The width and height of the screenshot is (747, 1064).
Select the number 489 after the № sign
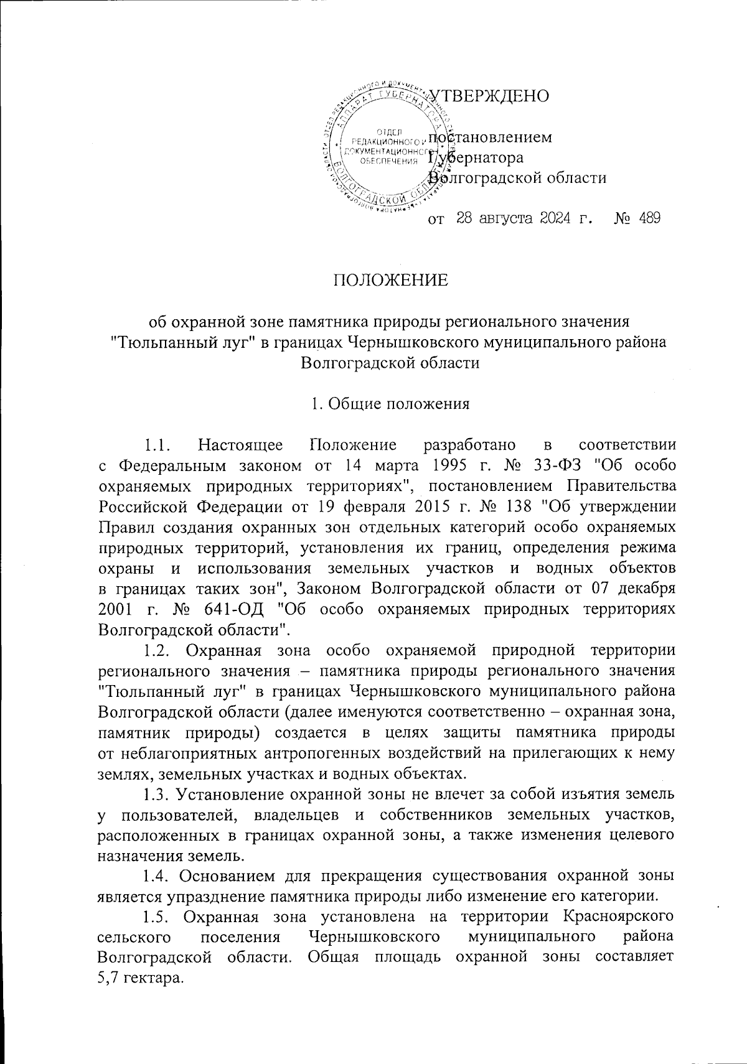649,218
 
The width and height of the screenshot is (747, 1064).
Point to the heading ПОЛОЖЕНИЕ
389,280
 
